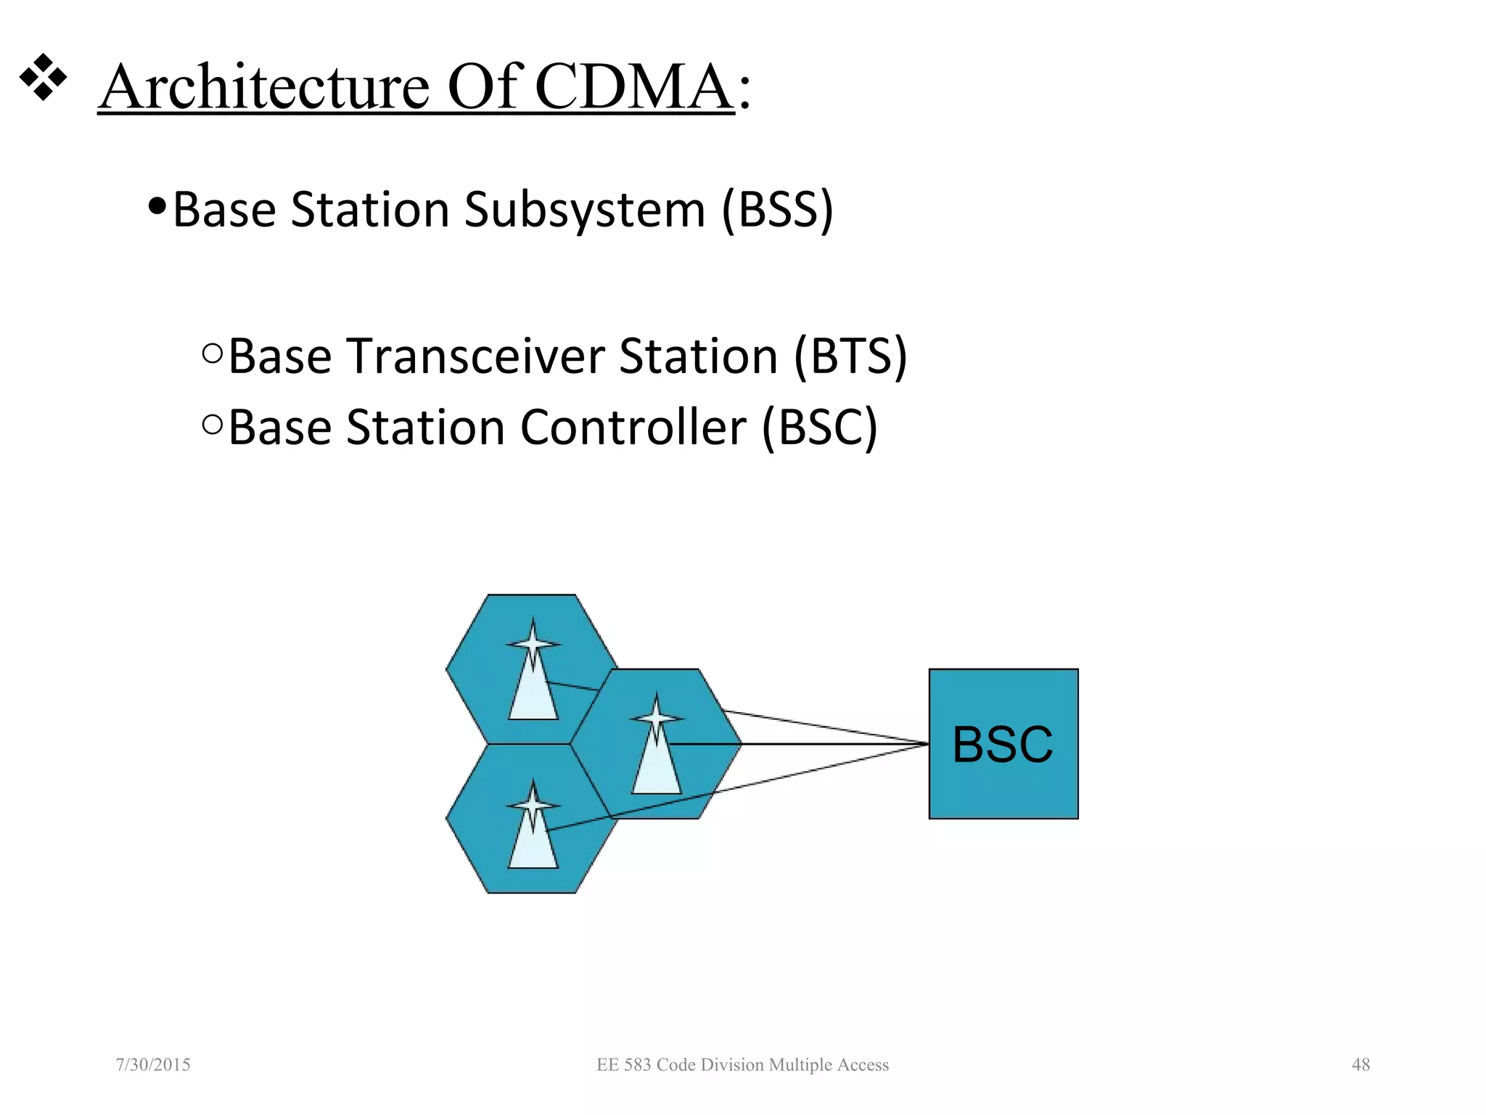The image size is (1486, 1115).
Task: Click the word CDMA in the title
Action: [x=633, y=87]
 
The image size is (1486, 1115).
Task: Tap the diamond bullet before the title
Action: [x=43, y=76]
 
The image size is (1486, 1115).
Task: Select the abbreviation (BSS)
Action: [x=778, y=210]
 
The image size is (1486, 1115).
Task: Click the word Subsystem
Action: [x=585, y=210]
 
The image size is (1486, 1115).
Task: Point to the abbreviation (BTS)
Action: [x=850, y=356]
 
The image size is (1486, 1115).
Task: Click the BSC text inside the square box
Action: [x=1003, y=745]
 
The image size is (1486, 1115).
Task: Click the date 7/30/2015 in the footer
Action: [x=153, y=1065]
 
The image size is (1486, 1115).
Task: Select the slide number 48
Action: [x=1360, y=1065]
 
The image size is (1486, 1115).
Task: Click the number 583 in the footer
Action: [x=638, y=1065]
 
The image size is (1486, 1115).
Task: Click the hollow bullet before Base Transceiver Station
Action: [x=213, y=354]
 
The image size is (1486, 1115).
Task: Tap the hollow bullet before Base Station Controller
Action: [x=213, y=425]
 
